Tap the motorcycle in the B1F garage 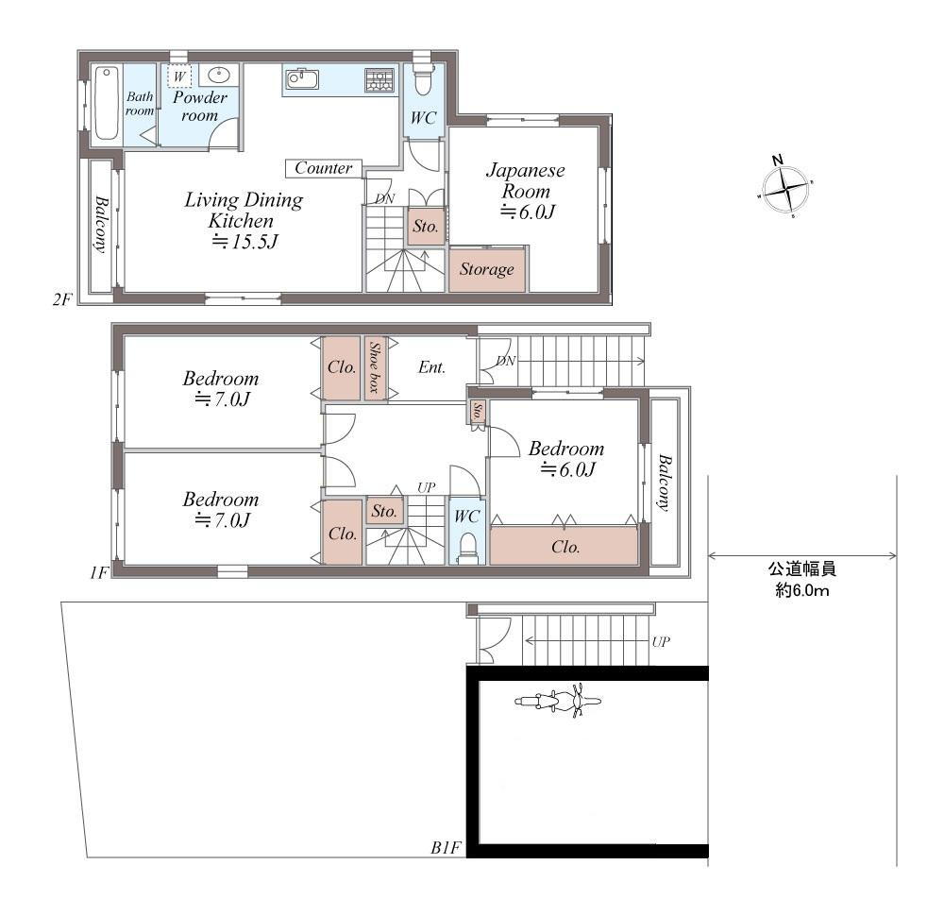558,701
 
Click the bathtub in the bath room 106,104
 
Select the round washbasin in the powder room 219,76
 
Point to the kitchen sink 302,79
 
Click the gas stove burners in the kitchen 379,80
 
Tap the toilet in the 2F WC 423,78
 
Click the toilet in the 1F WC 467,546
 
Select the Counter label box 323,168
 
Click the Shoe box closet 375,367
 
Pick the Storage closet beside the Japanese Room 487,269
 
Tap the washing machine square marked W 179,76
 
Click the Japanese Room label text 526,180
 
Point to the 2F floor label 62,299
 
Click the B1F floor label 446,848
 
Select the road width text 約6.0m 801,590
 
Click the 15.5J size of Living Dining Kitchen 245,242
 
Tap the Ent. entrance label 431,367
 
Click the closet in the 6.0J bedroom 564,546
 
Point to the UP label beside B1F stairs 661,641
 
